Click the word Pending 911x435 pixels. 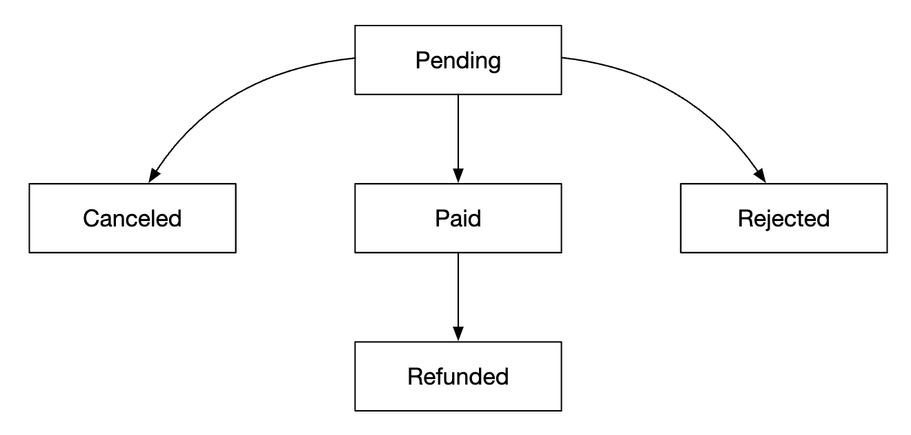click(x=458, y=61)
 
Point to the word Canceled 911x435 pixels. click(x=132, y=218)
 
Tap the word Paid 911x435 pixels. click(x=458, y=218)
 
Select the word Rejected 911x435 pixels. click(x=783, y=218)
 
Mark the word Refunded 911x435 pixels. click(x=458, y=376)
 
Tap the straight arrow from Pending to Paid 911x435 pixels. click(x=458, y=131)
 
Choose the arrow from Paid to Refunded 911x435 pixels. click(x=458, y=290)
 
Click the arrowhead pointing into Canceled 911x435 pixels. click(x=153, y=175)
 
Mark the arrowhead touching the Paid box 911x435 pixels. click(x=458, y=176)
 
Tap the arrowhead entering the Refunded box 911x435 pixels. click(x=458, y=334)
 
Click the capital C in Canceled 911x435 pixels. click(x=90, y=218)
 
